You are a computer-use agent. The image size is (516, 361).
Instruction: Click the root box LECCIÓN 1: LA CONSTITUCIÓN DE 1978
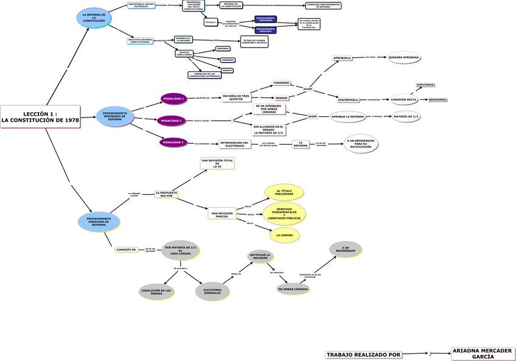pyautogui.click(x=40, y=117)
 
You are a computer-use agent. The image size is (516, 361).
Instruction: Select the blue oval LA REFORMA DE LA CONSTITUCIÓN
pyautogui.click(x=94, y=18)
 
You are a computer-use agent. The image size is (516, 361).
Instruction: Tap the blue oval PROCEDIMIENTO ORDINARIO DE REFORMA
pyautogui.click(x=115, y=116)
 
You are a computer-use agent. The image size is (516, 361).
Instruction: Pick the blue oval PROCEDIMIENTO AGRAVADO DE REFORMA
pyautogui.click(x=99, y=222)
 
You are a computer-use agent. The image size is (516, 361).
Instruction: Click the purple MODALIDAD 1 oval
pyautogui.click(x=173, y=98)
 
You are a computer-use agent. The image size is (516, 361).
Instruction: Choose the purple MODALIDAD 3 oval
pyautogui.click(x=173, y=142)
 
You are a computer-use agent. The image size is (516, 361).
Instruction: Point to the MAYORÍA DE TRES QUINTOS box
pyautogui.click(x=235, y=97)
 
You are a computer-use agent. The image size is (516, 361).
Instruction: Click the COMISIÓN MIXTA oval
pyautogui.click(x=403, y=99)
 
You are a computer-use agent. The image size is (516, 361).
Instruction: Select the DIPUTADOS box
pyautogui.click(x=425, y=85)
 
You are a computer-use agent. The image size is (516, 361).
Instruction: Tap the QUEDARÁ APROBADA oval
pyautogui.click(x=403, y=57)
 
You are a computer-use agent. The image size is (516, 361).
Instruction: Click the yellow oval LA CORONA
pyautogui.click(x=284, y=234)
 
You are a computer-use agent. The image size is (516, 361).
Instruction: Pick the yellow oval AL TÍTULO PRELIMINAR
pyautogui.click(x=284, y=192)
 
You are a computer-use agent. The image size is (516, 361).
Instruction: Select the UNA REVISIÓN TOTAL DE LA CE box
pyautogui.click(x=217, y=163)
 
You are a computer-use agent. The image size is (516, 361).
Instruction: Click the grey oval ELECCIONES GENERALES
pyautogui.click(x=212, y=292)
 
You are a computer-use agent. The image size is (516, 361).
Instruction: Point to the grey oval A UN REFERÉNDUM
pyautogui.click(x=345, y=249)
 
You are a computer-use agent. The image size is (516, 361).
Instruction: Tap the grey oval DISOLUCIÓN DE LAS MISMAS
pyautogui.click(x=156, y=292)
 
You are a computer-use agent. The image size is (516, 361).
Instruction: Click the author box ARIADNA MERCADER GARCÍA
pyautogui.click(x=483, y=354)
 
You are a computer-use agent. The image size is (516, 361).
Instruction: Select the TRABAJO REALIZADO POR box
pyautogui.click(x=364, y=354)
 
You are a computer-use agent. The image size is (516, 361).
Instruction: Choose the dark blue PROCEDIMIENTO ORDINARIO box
pyautogui.click(x=265, y=19)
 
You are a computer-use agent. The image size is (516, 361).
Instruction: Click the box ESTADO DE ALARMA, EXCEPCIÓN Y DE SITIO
pyautogui.click(x=254, y=41)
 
